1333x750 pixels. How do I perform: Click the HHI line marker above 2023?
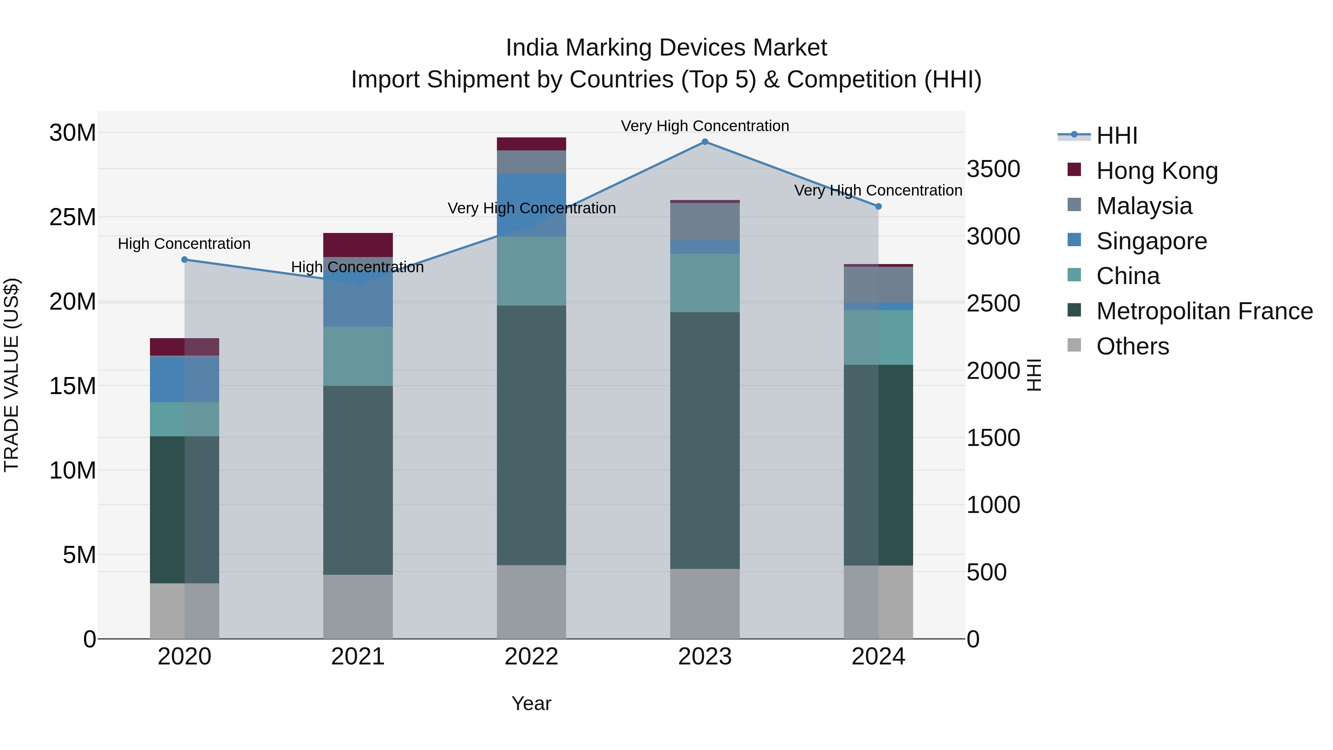[x=705, y=142]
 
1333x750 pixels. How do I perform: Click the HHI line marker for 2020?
[x=184, y=259]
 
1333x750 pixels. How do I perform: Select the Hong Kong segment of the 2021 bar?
[x=358, y=245]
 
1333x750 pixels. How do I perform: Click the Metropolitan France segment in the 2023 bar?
[x=705, y=440]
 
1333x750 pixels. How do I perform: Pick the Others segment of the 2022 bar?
[x=531, y=601]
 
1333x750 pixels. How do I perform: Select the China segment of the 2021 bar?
[x=358, y=356]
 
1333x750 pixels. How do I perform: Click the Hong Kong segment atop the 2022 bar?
[x=531, y=144]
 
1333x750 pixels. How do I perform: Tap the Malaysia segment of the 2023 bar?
[x=705, y=221]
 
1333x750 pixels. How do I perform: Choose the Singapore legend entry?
[x=1151, y=241]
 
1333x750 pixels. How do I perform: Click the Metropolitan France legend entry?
[x=1204, y=311]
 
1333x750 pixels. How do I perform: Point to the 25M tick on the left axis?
[x=73, y=217]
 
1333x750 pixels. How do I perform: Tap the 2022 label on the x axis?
[x=531, y=657]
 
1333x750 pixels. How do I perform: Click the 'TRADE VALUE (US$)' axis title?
[x=11, y=375]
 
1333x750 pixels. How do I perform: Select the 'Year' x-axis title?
[x=531, y=703]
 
